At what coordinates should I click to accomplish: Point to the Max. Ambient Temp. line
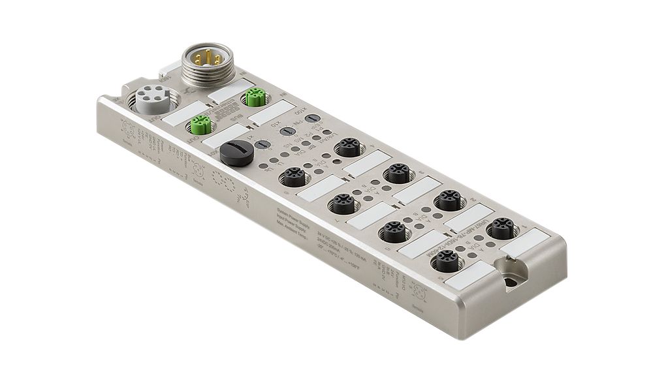[x=294, y=227]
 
